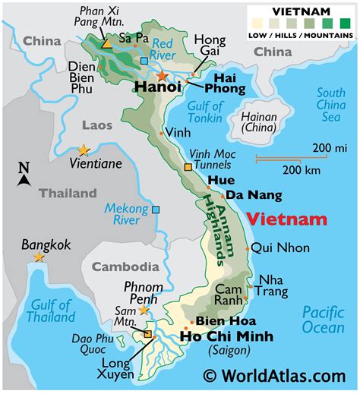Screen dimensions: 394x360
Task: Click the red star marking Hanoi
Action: click(x=161, y=75)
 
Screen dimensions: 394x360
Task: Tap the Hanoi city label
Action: click(x=157, y=88)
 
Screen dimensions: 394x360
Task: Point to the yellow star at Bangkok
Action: click(x=38, y=257)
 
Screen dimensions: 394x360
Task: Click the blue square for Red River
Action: click(x=144, y=60)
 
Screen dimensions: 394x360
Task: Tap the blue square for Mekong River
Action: click(x=156, y=210)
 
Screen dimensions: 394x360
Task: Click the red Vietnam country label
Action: click(x=287, y=220)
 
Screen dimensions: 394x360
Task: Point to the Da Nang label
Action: click(x=254, y=195)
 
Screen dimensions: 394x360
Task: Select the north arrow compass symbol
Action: click(x=24, y=175)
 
